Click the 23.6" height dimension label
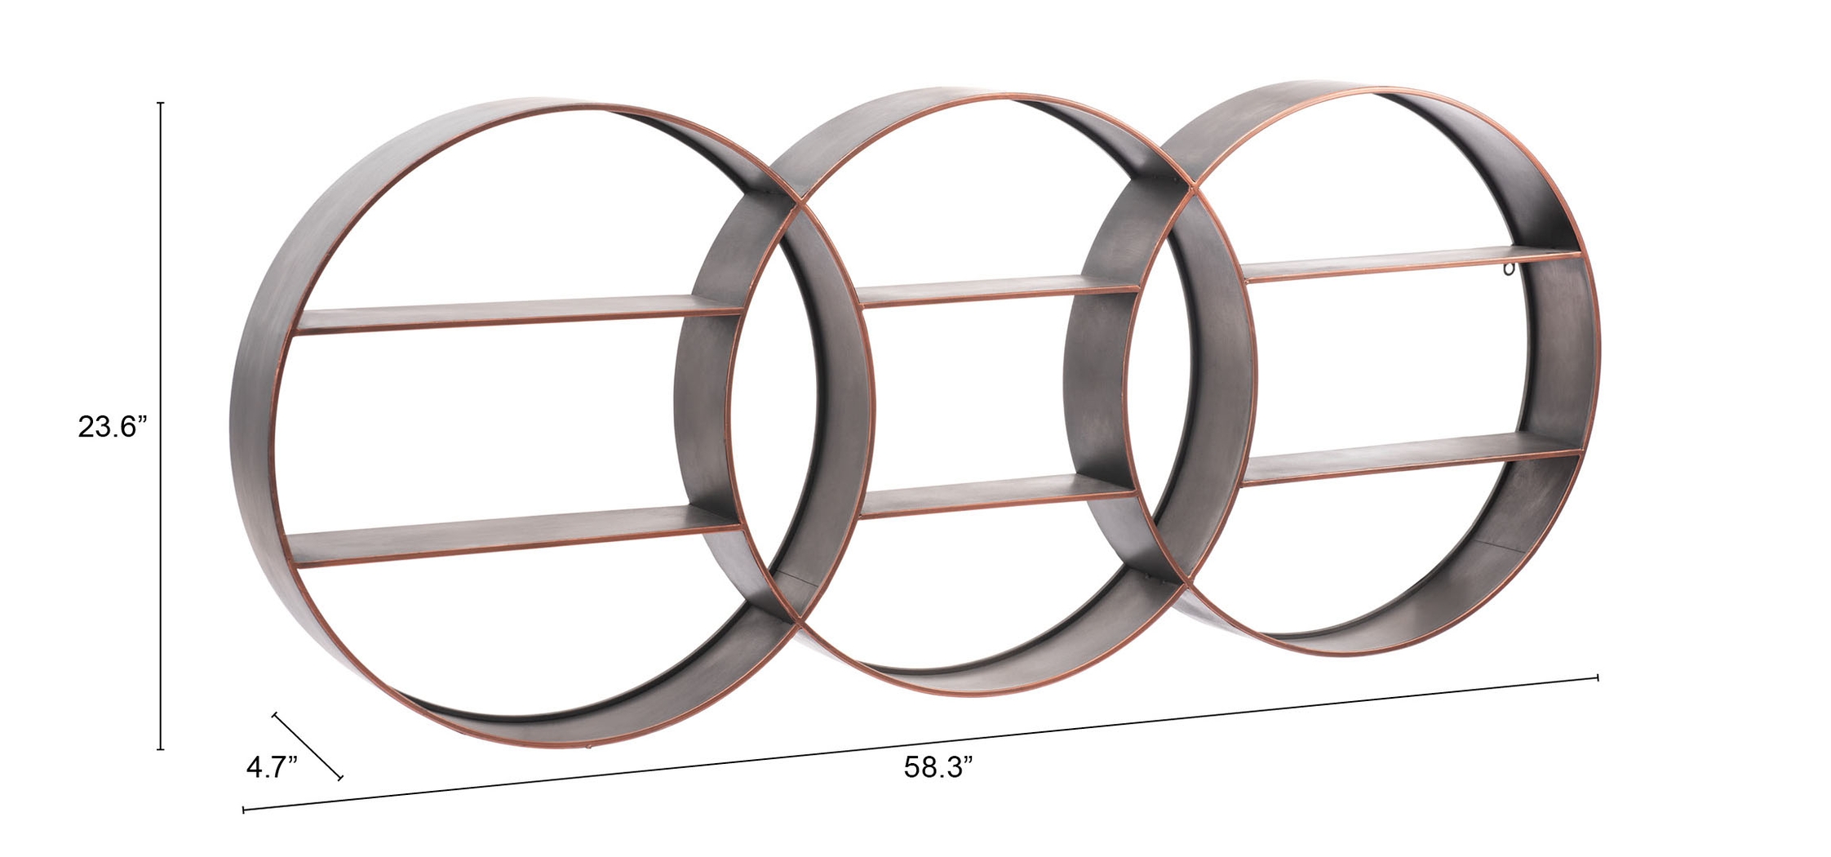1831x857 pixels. pyautogui.click(x=112, y=427)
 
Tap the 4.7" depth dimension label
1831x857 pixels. pyautogui.click(x=272, y=768)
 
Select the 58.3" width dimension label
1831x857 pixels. pyautogui.click(x=938, y=766)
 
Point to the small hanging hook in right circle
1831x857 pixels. pyautogui.click(x=1510, y=269)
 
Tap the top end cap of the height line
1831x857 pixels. pyautogui.click(x=161, y=104)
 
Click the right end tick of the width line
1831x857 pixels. pyautogui.click(x=1597, y=677)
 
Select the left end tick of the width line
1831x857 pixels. pyautogui.click(x=244, y=810)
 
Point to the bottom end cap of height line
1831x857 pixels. pyautogui.click(x=161, y=748)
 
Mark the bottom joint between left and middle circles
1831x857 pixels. pyautogui.click(x=796, y=622)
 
